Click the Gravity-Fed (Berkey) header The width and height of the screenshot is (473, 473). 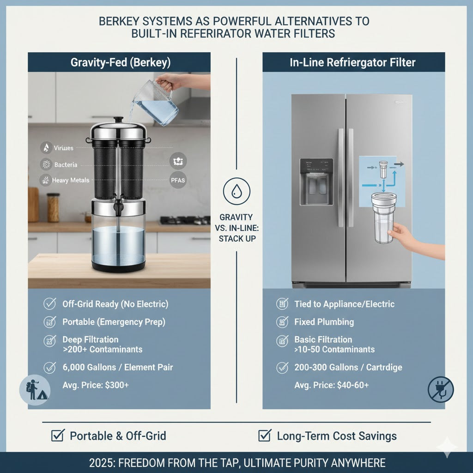[x=119, y=63]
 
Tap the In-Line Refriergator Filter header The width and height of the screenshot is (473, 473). [x=353, y=63]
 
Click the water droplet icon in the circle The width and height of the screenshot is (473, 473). [x=236, y=191]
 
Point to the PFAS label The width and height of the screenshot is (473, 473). [x=178, y=181]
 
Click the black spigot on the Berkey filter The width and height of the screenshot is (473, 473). [x=118, y=206]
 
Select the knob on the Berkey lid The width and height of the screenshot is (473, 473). [x=119, y=120]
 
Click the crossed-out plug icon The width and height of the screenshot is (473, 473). [x=441, y=389]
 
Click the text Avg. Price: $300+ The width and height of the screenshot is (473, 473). [x=96, y=385]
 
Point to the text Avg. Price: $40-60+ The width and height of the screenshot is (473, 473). [x=332, y=385]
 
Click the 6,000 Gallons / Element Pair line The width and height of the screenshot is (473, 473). [x=117, y=368]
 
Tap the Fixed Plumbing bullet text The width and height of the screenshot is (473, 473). [x=324, y=322]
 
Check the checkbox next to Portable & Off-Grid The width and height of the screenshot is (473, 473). [x=57, y=435]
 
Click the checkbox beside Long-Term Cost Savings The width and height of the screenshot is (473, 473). [x=264, y=435]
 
